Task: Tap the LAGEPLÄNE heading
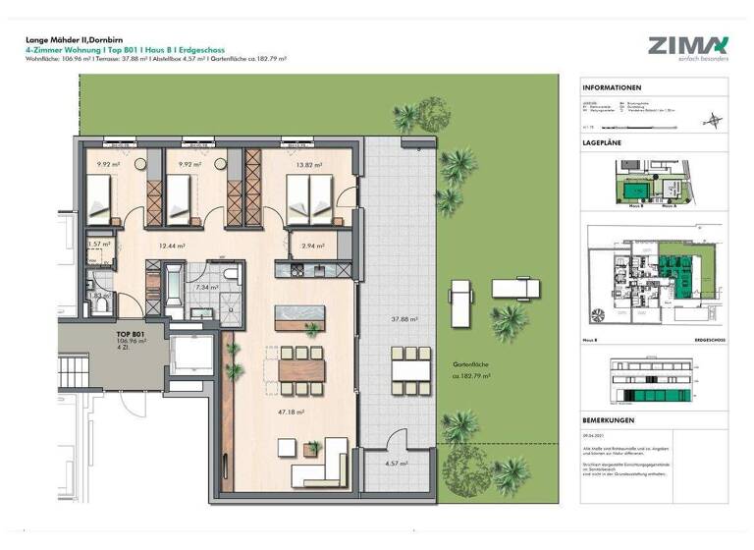(x=604, y=142)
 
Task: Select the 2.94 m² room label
(x=314, y=246)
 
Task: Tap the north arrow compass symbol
(x=713, y=120)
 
